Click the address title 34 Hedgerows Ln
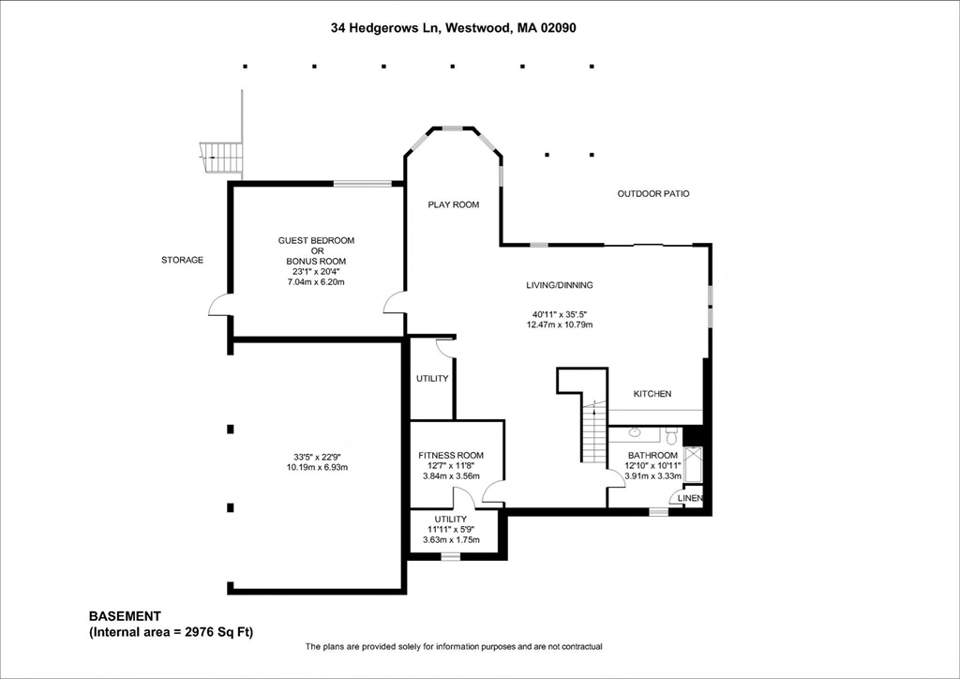coord(453,28)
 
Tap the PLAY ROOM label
coord(454,204)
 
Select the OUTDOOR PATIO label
coord(652,194)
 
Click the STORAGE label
coord(182,260)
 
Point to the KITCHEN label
coord(652,394)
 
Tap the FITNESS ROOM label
coord(451,456)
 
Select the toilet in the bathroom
coord(670,435)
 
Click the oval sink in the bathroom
coord(635,433)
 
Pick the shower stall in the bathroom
coord(694,465)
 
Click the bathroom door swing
coord(615,475)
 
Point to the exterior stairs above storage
coord(221,157)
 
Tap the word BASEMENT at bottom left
coord(125,616)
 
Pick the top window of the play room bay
coord(453,128)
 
